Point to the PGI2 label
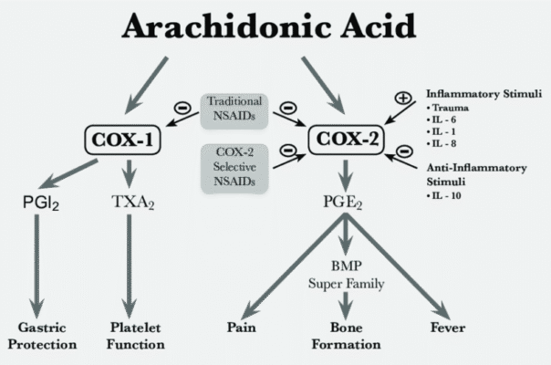click(41, 199)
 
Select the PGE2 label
click(347, 199)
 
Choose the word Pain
click(242, 326)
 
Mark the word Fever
click(452, 326)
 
